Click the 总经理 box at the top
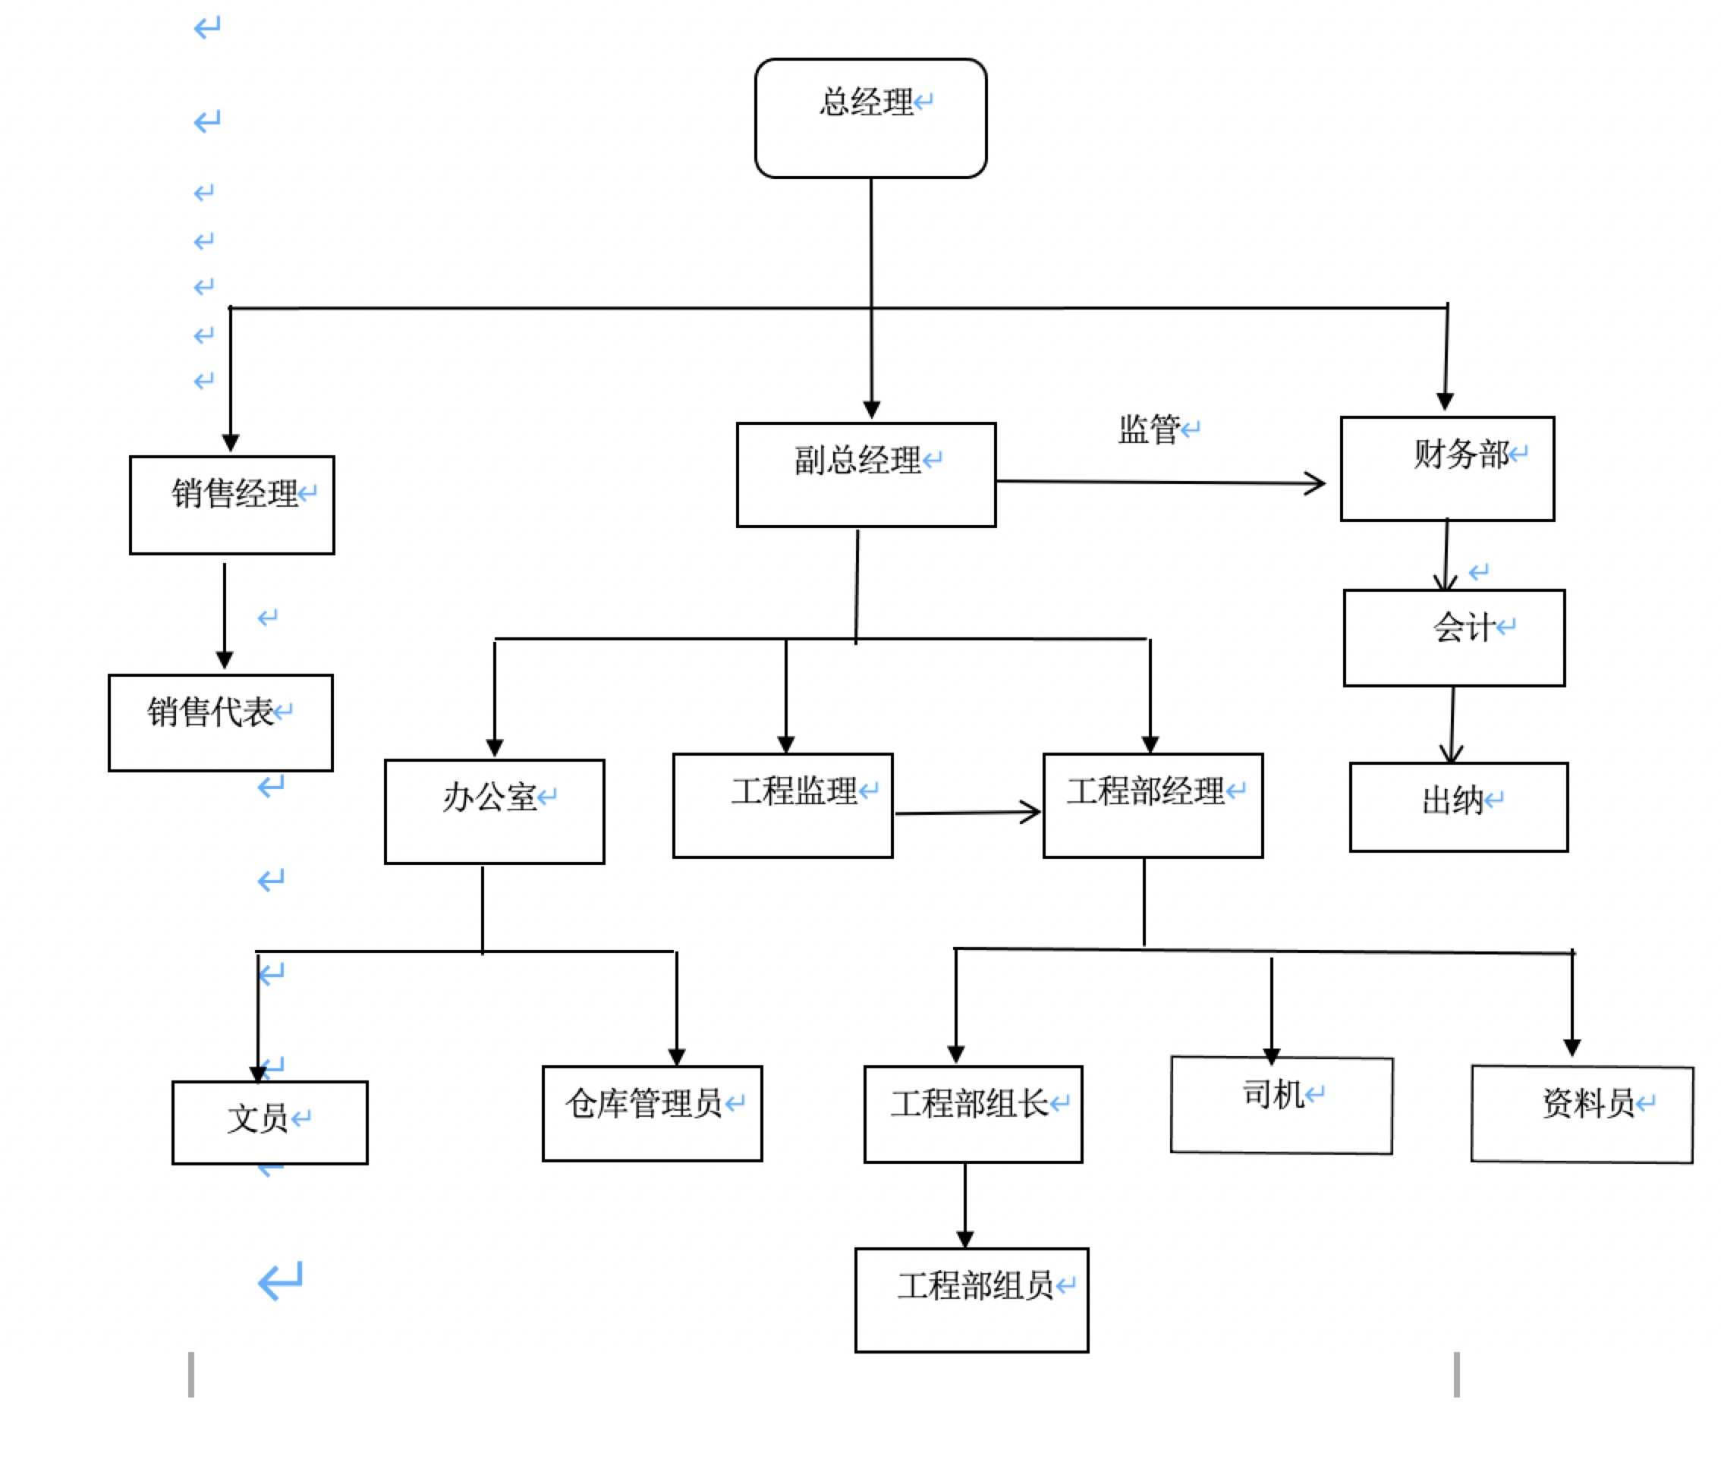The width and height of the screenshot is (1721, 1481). pos(870,118)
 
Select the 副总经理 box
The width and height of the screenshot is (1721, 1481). pos(866,474)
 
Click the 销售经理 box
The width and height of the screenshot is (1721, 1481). pos(231,505)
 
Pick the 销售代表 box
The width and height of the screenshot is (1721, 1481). pos(220,722)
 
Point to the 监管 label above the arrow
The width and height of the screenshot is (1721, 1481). pos(1150,429)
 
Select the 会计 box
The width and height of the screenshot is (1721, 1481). pos(1454,637)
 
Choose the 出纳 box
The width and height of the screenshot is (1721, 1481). pos(1458,806)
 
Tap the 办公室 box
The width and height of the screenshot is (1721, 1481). pos(494,811)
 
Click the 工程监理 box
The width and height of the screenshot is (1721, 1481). pos(782,805)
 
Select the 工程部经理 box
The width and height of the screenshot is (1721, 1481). pos(1152,805)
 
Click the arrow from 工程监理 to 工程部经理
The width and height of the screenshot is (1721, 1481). pos(967,813)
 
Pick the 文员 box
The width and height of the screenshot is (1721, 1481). pos(269,1121)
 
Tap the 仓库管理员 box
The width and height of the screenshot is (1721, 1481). pos(652,1112)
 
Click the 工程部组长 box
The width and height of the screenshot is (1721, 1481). pos(973,1113)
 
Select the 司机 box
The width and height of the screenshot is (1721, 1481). pos(1281,1104)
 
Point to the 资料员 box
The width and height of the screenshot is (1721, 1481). pos(1581,1113)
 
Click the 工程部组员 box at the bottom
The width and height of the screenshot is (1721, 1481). pos(971,1299)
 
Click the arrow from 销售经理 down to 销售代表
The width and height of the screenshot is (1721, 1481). pos(225,615)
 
